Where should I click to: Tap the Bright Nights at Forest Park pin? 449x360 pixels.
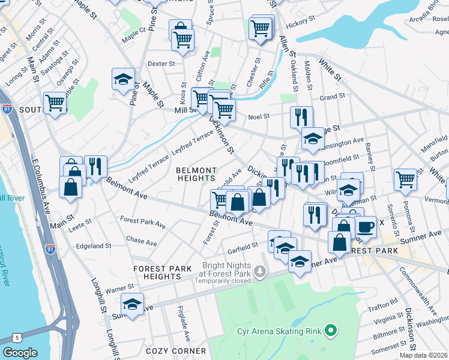(259, 272)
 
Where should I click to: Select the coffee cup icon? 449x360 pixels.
(366, 227)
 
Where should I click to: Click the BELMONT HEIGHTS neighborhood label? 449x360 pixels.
(196, 174)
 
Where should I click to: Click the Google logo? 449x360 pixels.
(20, 353)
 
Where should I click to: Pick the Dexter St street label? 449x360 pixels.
(161, 63)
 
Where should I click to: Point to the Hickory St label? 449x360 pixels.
(300, 24)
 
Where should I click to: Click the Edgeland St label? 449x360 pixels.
(94, 246)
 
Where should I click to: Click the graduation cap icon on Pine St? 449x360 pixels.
(123, 79)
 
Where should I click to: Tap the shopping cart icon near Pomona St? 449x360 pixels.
(406, 179)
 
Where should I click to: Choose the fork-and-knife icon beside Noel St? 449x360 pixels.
(301, 116)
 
